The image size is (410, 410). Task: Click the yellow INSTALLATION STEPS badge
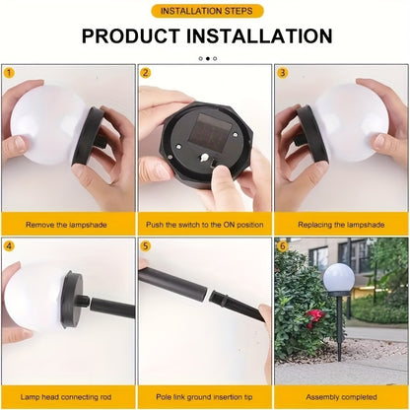206,11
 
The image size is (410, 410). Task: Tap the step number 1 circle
9,72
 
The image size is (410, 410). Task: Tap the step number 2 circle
145,72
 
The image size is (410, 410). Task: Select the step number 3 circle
281,72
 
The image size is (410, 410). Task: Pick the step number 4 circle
9,245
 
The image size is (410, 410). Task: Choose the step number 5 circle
145,245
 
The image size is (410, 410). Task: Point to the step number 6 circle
281,245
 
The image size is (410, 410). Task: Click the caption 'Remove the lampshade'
68,225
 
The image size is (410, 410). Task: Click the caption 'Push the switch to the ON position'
204,225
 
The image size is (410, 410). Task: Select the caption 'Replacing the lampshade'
341,225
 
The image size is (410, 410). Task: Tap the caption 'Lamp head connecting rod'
68,397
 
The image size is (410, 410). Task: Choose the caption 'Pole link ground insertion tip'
204,397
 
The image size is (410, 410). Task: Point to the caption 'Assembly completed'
341,397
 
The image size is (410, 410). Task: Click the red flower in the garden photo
314,314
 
